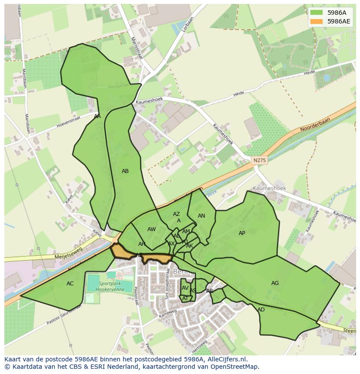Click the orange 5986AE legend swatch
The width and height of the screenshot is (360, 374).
(317, 21)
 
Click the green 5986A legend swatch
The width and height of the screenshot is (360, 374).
(317, 13)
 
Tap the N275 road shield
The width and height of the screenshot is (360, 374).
(260, 160)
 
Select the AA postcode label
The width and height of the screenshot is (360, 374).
(97, 116)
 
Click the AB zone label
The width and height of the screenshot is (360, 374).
(125, 171)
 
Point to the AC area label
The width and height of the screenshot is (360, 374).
(70, 284)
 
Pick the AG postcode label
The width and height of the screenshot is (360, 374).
(275, 283)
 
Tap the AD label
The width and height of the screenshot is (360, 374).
(261, 310)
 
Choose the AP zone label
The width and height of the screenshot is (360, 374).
(242, 233)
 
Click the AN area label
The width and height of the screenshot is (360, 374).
(201, 216)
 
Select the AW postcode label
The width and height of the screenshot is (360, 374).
(151, 229)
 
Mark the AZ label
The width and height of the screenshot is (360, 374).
(177, 214)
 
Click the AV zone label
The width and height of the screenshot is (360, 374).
(185, 288)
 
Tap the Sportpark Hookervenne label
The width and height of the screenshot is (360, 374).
(106, 286)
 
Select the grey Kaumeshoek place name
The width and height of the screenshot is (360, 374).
(269, 189)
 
